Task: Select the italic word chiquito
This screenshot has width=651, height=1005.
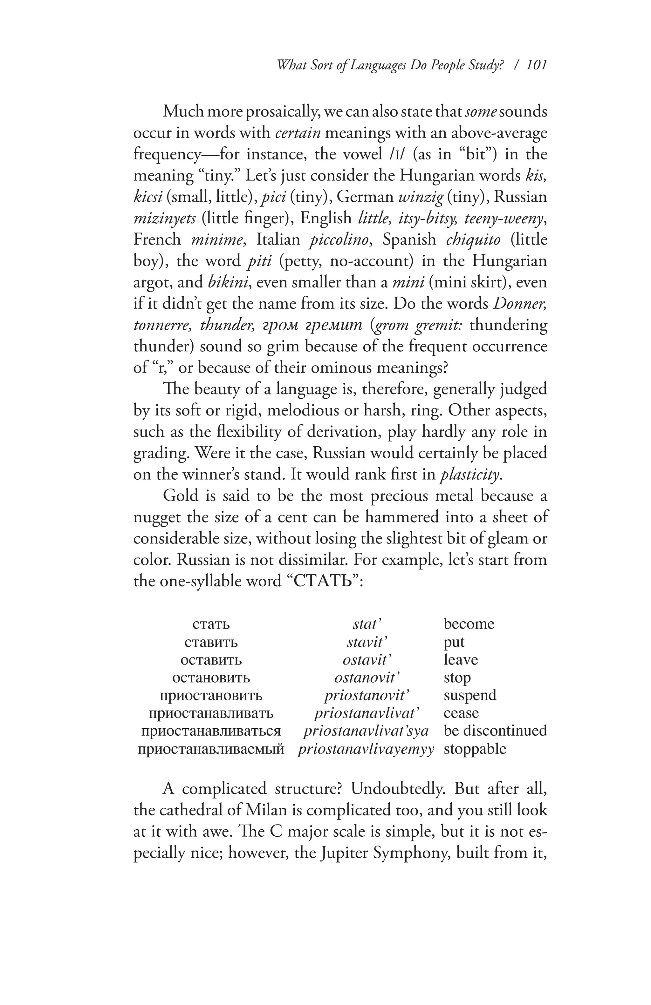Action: [x=473, y=239]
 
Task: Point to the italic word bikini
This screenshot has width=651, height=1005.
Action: [x=227, y=282]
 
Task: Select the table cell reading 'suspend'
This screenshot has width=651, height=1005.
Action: [x=470, y=695]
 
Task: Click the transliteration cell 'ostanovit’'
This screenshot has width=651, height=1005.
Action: [x=367, y=677]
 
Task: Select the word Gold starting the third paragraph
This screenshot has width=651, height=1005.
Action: [x=181, y=495]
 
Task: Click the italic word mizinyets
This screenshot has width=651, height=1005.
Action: [x=164, y=218]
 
